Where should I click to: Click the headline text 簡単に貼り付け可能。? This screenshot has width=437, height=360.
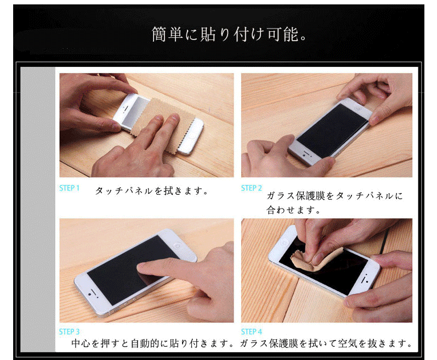[x=229, y=35]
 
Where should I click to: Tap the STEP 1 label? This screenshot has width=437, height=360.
[x=69, y=188]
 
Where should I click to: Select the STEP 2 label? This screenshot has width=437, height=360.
[x=251, y=188]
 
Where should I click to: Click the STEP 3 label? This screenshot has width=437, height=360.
[x=69, y=331]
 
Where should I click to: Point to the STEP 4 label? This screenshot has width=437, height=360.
[x=251, y=331]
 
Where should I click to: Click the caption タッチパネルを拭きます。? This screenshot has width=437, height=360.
[x=152, y=191]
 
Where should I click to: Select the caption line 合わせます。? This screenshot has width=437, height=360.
[x=294, y=210]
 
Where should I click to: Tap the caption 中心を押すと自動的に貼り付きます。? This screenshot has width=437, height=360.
[x=153, y=344]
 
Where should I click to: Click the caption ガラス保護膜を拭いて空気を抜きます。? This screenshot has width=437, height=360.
[x=326, y=344]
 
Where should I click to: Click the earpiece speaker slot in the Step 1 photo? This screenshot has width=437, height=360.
[x=126, y=108]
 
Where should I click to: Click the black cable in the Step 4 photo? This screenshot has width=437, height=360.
[x=386, y=240]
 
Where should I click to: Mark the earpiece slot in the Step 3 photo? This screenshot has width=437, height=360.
[x=94, y=291]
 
